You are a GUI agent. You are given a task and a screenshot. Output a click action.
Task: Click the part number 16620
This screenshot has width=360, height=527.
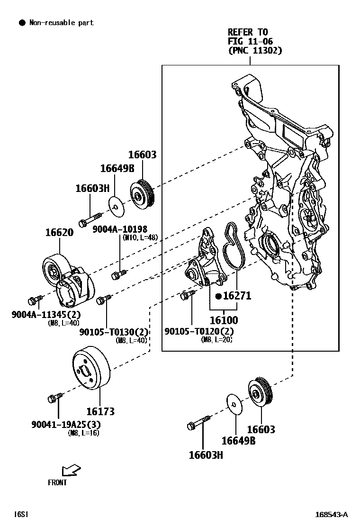click(x=59, y=233)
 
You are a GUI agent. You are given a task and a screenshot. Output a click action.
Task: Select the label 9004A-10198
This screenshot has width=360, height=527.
click(x=119, y=229)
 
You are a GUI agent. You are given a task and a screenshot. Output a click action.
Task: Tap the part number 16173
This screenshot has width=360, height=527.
click(x=100, y=412)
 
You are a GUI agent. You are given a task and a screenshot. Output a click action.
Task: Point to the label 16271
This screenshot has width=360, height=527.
click(x=237, y=296)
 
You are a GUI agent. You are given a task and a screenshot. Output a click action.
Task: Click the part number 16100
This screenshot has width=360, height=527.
click(x=224, y=321)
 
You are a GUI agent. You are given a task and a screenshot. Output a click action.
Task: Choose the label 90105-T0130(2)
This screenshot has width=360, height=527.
click(x=114, y=332)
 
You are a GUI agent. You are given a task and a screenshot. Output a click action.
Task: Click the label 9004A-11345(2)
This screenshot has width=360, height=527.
click(x=46, y=315)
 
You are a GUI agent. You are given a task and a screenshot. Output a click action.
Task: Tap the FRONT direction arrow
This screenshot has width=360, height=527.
click(x=71, y=470)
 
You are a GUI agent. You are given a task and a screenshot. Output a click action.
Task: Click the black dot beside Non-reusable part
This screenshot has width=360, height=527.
click(x=22, y=23)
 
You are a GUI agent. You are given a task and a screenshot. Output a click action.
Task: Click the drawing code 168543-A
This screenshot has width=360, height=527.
click(x=332, y=514)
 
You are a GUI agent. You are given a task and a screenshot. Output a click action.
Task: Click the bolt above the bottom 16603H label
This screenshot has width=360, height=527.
click(x=198, y=423)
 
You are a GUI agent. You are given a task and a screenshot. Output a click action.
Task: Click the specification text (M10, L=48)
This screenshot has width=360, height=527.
click(x=140, y=237)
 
